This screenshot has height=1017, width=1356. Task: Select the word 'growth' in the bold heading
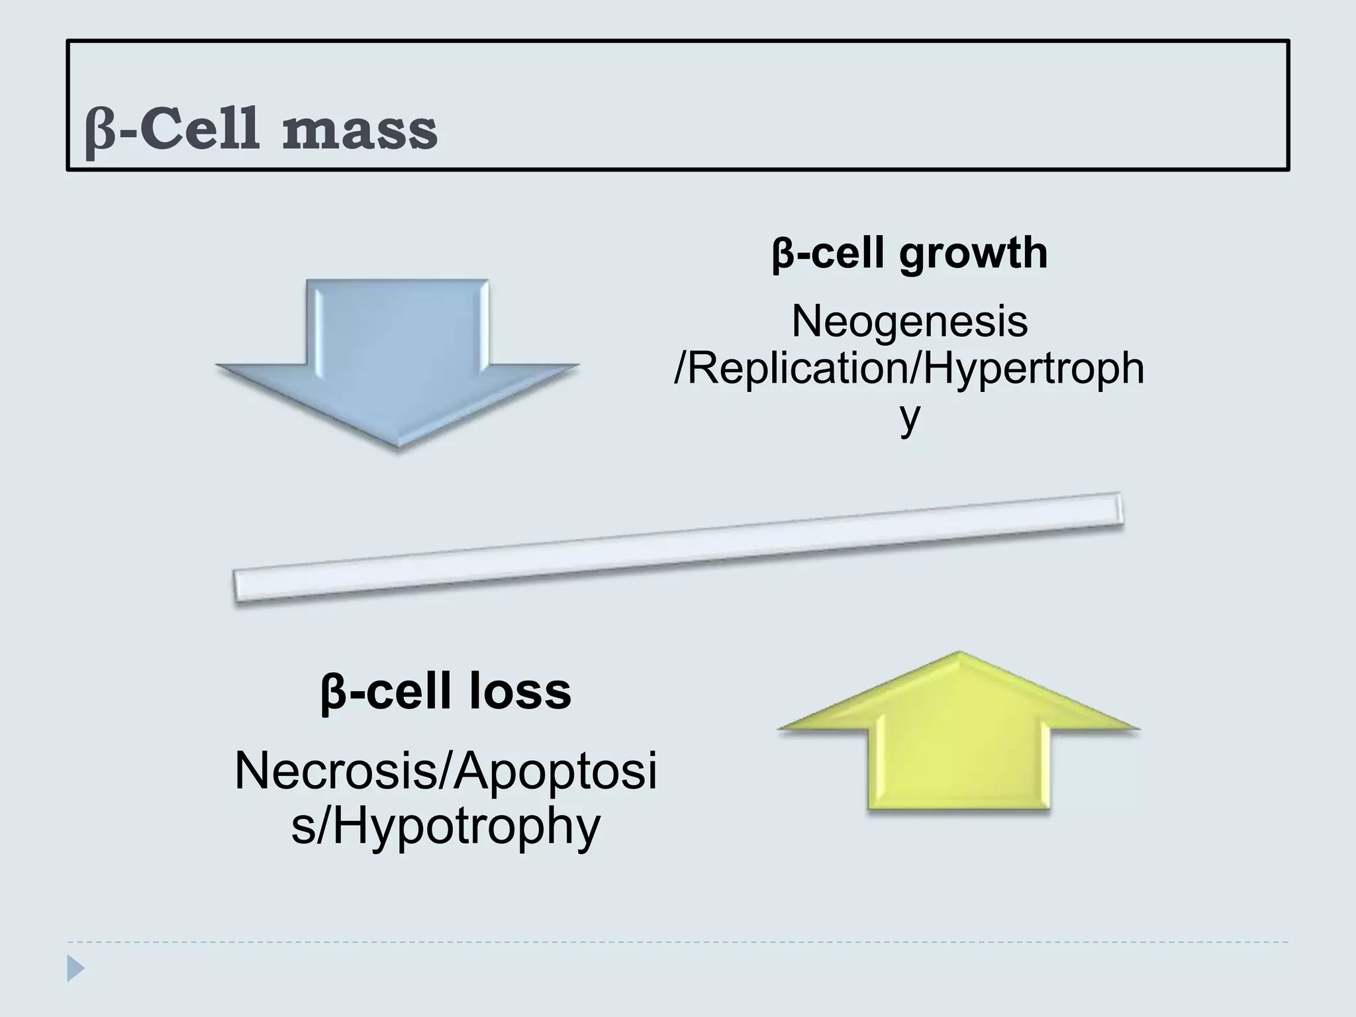coord(973,254)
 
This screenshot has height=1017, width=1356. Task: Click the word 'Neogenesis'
coord(909,322)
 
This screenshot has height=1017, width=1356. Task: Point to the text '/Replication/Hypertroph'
coord(909,369)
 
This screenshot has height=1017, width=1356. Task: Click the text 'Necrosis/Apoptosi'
coord(445,772)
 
